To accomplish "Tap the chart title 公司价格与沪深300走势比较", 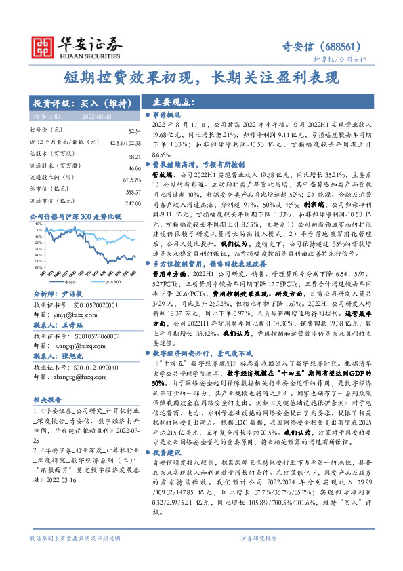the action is click(x=75, y=217).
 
